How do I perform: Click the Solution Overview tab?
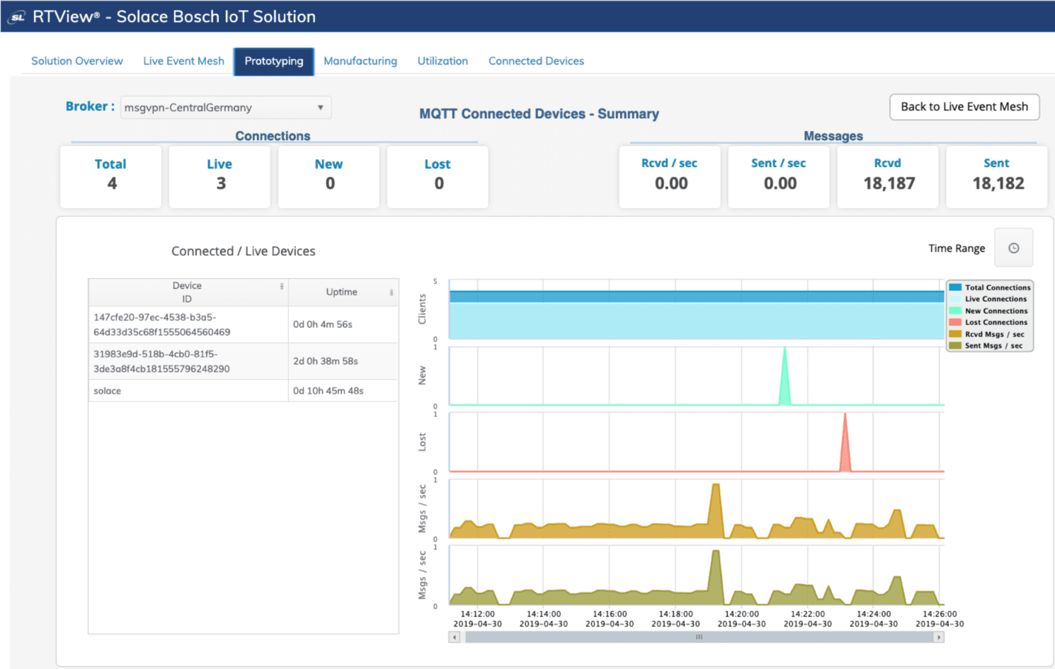(x=76, y=61)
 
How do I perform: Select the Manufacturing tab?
(x=360, y=61)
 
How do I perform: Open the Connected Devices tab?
(x=536, y=61)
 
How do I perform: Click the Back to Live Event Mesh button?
(x=964, y=107)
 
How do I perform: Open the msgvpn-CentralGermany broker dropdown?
(x=225, y=108)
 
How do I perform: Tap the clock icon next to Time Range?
(x=1013, y=248)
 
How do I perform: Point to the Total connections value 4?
(x=112, y=183)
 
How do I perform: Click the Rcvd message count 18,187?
(x=889, y=183)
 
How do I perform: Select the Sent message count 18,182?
(x=998, y=183)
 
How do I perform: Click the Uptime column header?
(x=341, y=292)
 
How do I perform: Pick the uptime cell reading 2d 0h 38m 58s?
(x=326, y=361)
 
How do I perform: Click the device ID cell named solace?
(x=108, y=391)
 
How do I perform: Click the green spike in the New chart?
(x=785, y=379)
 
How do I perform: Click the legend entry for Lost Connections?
(x=995, y=322)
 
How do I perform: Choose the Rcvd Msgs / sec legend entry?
(x=993, y=334)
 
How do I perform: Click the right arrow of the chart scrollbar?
(x=939, y=637)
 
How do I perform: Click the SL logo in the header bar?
(x=17, y=17)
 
